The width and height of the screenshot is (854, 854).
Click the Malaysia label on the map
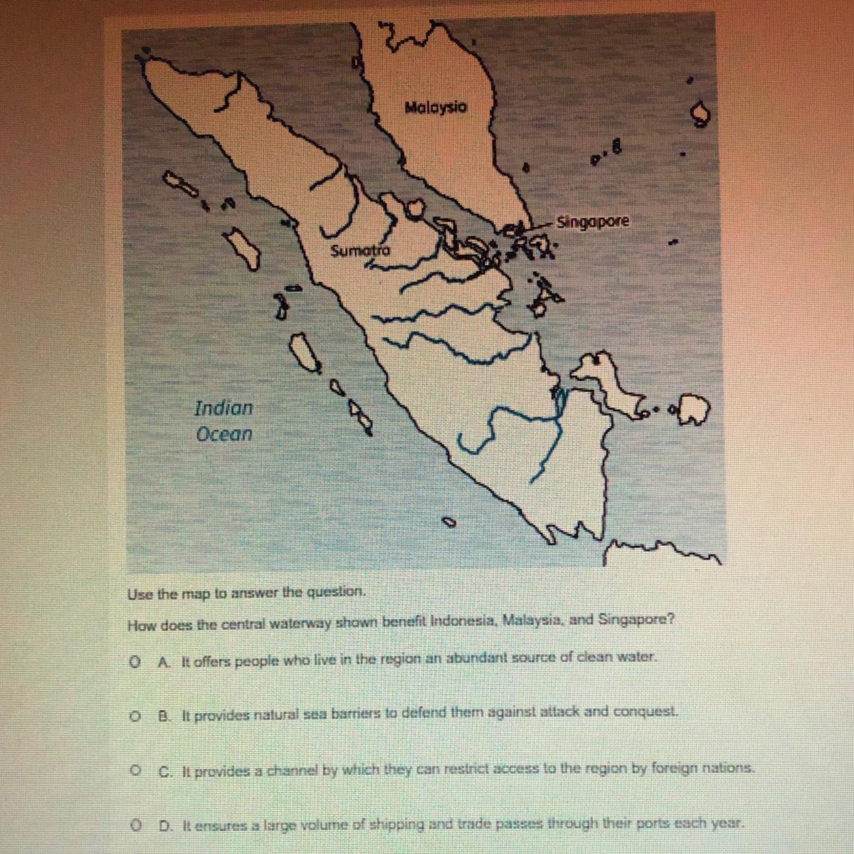click(x=436, y=107)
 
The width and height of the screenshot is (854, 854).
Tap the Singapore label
click(x=593, y=221)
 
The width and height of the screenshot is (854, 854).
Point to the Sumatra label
click(x=361, y=251)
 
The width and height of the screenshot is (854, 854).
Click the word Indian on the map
click(x=223, y=408)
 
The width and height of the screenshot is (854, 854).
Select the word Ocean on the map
click(x=224, y=434)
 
